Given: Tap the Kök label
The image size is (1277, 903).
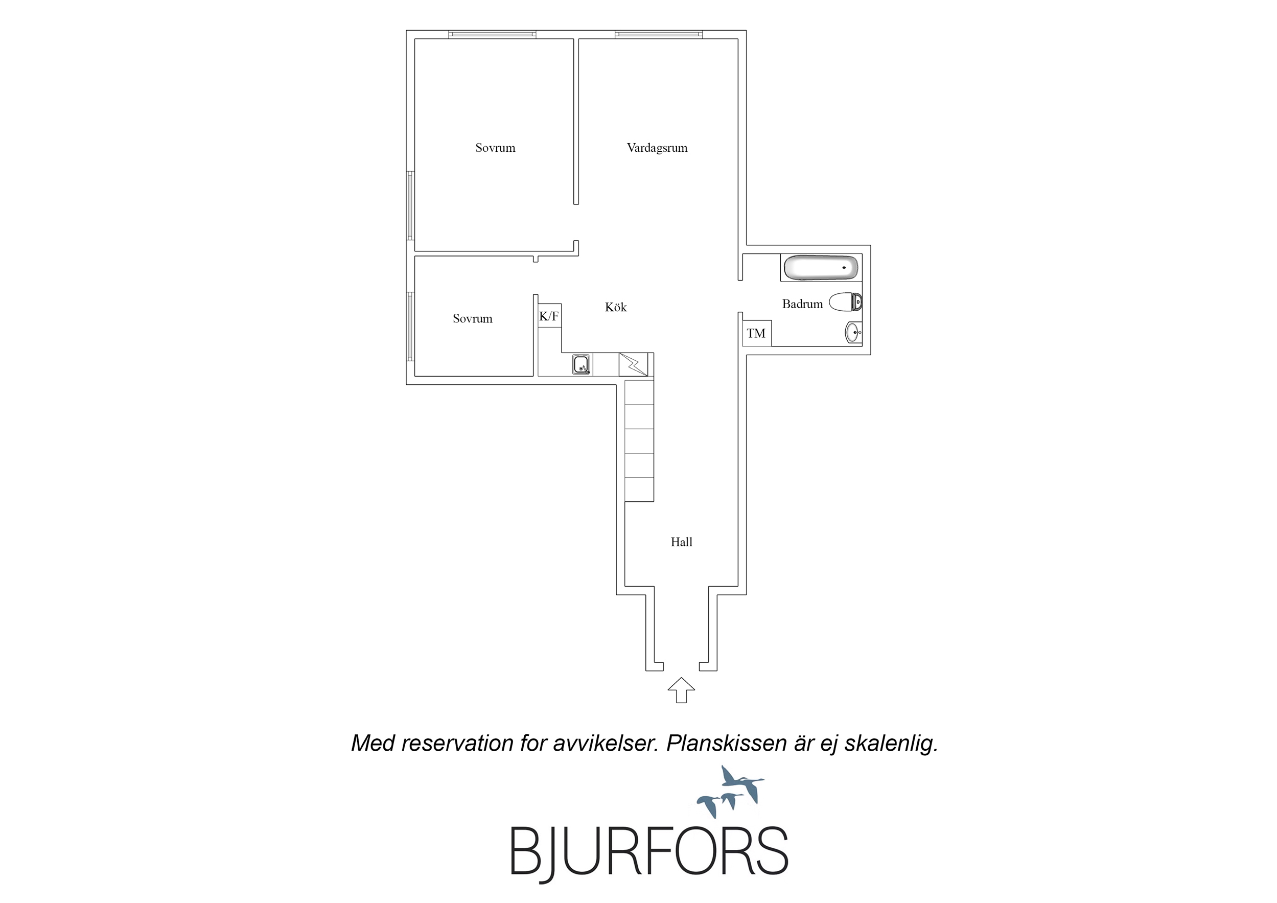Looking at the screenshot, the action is pos(616,307).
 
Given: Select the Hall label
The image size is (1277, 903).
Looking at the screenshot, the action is pos(681,542).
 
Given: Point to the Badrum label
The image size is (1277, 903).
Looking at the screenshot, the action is pos(802,304).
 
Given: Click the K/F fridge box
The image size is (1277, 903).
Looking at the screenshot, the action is pos(549,315).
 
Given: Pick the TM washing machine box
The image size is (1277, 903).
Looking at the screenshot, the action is pos(756,333).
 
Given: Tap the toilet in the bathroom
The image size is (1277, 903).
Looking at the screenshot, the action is pos(845,302).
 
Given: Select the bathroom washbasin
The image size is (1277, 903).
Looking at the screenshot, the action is pos(853,333).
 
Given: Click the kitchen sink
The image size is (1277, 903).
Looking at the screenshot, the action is pos(582,365).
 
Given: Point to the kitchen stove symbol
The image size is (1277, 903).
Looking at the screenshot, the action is pos(634,364).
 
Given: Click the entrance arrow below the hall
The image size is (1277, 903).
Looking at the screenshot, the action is pos(681,690).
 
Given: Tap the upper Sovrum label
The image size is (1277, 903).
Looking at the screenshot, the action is pos(495,148).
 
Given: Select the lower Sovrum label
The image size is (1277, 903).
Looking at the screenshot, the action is pos(472,319).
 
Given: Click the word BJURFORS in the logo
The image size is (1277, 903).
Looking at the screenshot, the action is pos(649,851).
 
